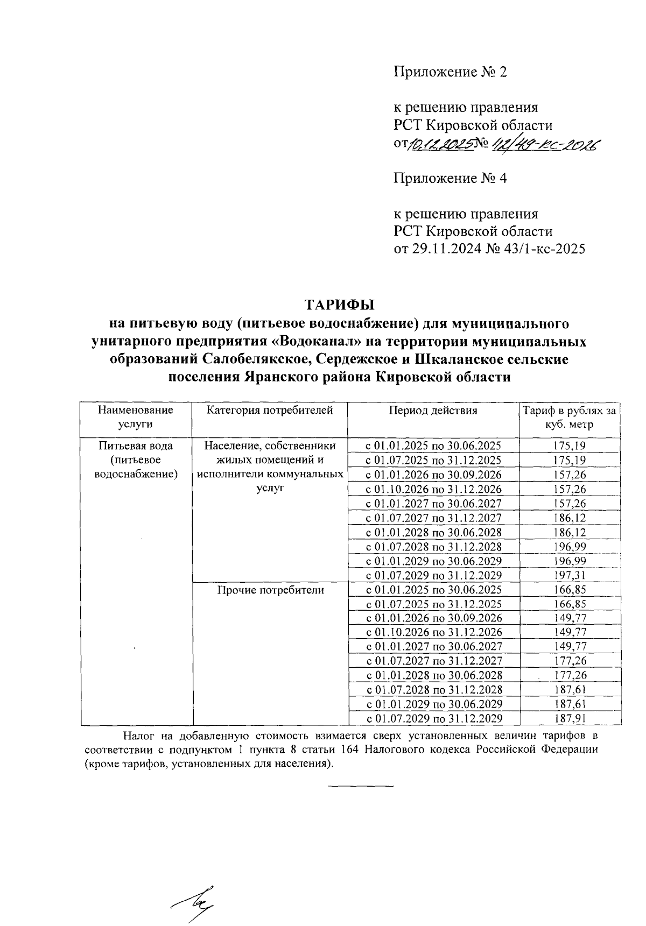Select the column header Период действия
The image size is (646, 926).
click(x=433, y=411)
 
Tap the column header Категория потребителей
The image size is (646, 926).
click(x=270, y=411)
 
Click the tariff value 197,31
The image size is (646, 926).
click(x=569, y=575)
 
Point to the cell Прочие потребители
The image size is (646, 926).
click(x=270, y=590)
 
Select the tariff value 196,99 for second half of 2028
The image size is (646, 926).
click(x=569, y=547)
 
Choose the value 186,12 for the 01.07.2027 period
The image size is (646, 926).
click(x=569, y=518)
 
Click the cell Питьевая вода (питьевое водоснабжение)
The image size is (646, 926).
click(x=136, y=460)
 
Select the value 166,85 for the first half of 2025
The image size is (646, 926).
click(x=569, y=590)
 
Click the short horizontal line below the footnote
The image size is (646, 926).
click(x=361, y=787)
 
